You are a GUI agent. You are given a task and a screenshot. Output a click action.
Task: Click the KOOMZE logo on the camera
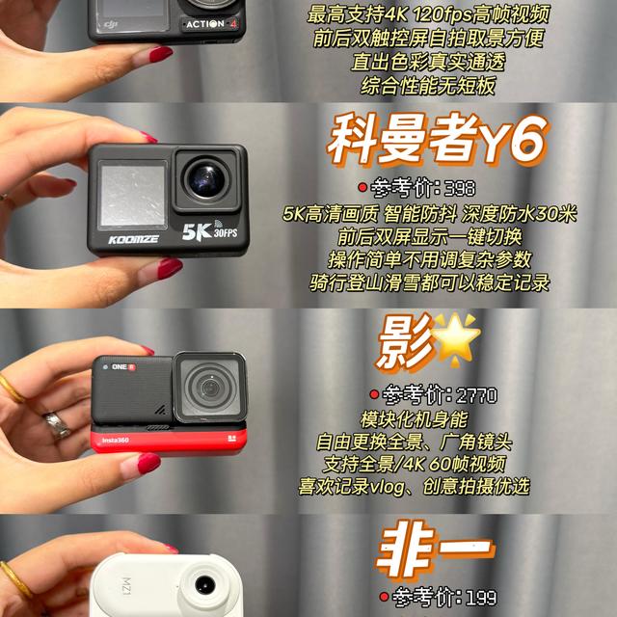[133, 240]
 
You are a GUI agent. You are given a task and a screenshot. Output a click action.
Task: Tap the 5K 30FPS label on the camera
[210, 231]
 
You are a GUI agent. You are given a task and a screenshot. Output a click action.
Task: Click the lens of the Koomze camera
[206, 180]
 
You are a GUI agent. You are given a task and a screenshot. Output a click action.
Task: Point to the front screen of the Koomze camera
[133, 195]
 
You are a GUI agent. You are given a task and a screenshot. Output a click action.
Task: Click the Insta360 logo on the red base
[116, 440]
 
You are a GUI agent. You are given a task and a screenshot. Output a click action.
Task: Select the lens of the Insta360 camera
[210, 388]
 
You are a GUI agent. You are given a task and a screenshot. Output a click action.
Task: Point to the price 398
[460, 189]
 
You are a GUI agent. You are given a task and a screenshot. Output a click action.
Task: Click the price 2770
[476, 395]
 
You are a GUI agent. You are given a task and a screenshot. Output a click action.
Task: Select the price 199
[481, 597]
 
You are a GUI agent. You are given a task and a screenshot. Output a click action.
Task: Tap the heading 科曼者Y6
[437, 139]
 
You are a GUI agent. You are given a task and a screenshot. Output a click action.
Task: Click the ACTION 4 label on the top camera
[211, 24]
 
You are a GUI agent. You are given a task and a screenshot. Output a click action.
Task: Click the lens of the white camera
[205, 585]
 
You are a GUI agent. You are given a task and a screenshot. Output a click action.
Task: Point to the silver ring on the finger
[58, 425]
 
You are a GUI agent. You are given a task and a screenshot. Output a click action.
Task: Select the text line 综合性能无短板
[428, 86]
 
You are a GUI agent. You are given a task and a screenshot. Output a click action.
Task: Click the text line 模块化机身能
[414, 419]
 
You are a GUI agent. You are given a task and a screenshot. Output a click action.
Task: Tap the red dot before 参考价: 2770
[374, 394]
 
